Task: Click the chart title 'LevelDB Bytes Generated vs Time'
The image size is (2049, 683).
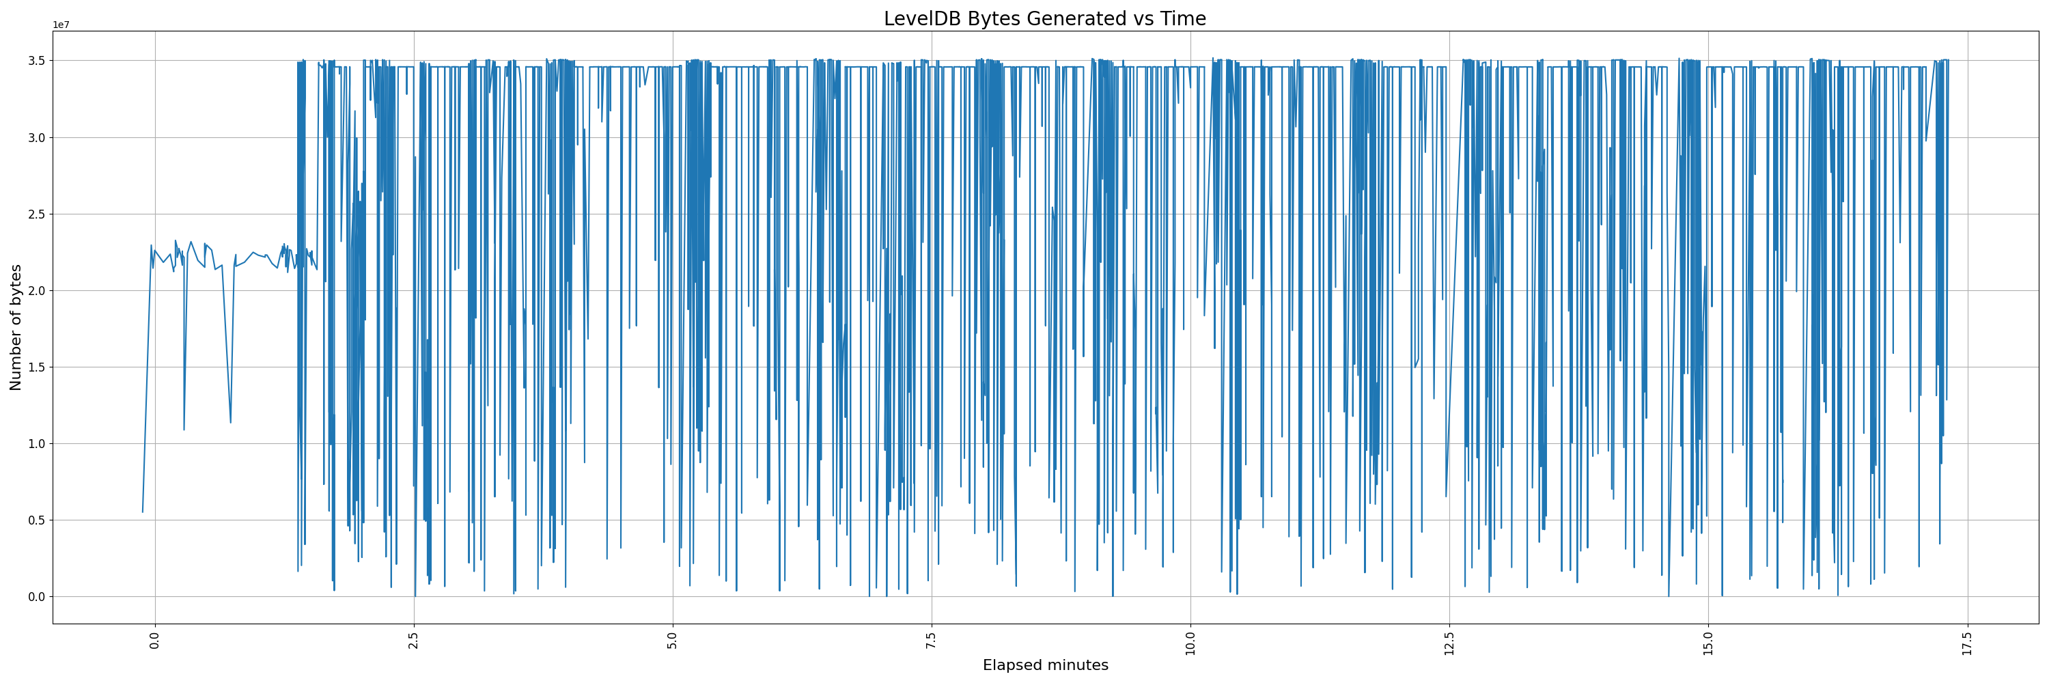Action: click(1044, 19)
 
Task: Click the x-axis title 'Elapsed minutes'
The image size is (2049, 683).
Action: click(1045, 665)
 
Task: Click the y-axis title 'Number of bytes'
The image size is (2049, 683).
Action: click(16, 328)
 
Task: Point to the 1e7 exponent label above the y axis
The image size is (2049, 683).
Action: click(61, 25)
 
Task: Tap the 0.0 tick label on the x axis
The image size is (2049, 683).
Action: click(155, 639)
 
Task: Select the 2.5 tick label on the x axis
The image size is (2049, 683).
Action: click(414, 639)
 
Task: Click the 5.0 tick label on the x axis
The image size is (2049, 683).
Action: click(673, 639)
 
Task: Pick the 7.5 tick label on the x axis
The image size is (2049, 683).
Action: click(932, 639)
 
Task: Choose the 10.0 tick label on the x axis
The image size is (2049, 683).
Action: click(1190, 641)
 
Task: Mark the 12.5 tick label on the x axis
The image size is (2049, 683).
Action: click(1449, 641)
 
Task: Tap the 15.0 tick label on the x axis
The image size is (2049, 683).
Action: click(1709, 641)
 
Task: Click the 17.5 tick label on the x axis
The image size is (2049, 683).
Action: click(1967, 641)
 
